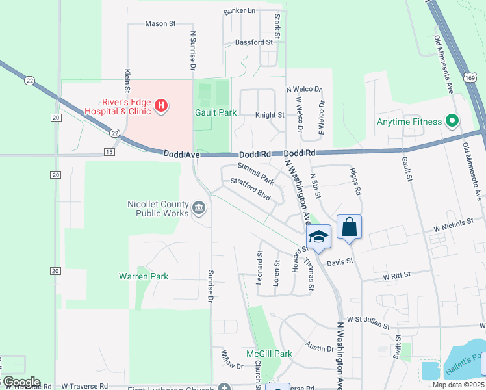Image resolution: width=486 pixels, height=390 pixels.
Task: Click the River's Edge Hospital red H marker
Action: (x=162, y=105)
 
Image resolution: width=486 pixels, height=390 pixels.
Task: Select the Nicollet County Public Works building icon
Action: (x=199, y=209)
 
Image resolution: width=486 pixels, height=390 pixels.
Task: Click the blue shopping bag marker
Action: (x=349, y=227)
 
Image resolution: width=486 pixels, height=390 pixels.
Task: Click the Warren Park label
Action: (x=144, y=276)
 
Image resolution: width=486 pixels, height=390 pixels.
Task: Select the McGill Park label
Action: (x=269, y=354)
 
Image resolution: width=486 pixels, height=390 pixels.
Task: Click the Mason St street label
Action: (x=160, y=24)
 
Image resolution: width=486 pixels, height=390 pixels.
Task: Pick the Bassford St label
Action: (x=254, y=42)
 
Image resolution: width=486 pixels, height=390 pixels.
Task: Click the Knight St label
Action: (x=270, y=115)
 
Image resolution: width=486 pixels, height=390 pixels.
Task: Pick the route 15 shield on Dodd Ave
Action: (x=109, y=152)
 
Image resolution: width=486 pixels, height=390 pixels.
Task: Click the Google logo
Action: (x=21, y=382)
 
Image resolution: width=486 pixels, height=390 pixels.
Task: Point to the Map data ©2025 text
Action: (x=459, y=385)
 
